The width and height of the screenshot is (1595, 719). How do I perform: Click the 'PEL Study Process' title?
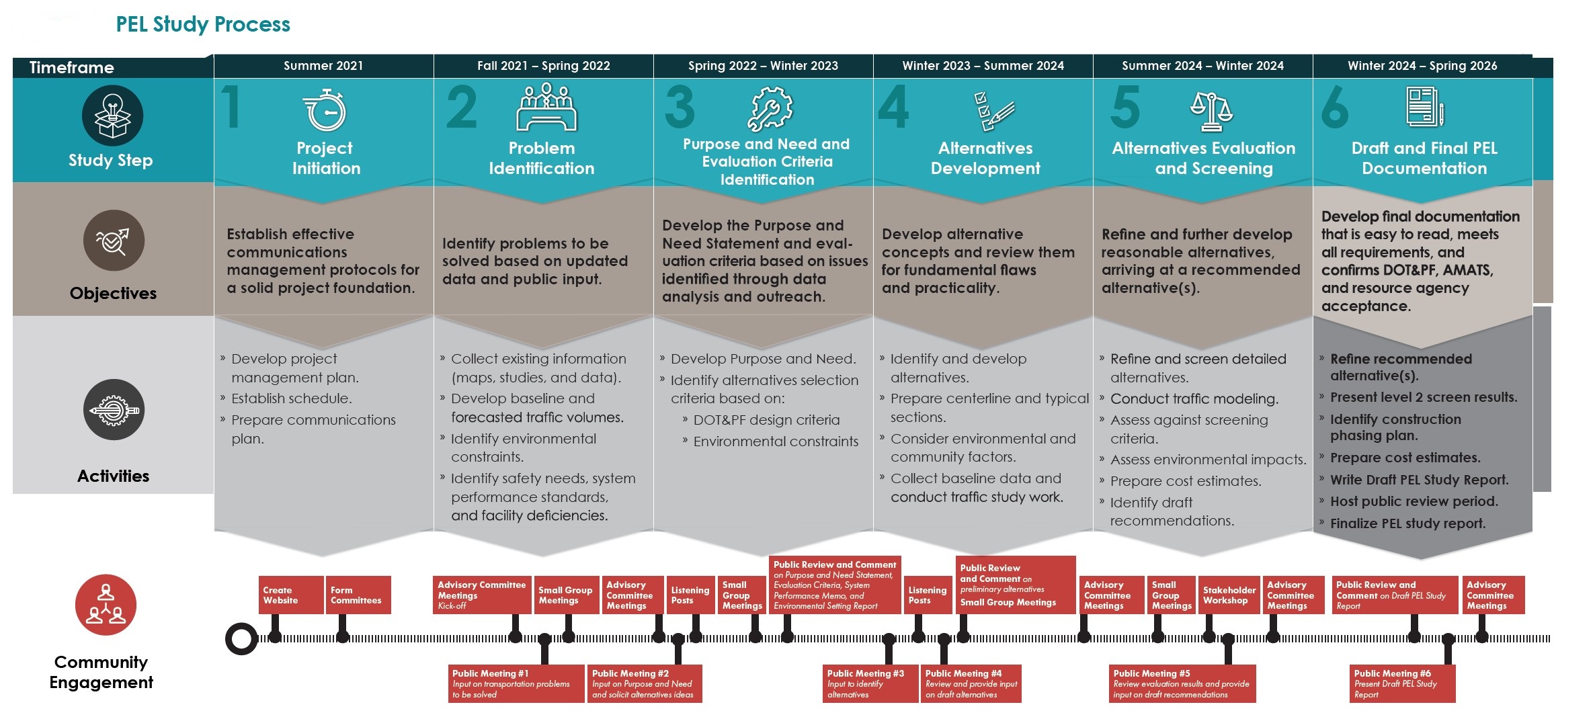(x=203, y=24)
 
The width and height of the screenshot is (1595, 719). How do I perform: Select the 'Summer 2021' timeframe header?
(x=323, y=66)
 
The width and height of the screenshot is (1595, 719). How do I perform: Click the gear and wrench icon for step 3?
(x=770, y=108)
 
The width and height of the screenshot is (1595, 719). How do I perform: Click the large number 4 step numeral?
(x=894, y=106)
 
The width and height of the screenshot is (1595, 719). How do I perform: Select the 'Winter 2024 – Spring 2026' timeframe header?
(x=1422, y=66)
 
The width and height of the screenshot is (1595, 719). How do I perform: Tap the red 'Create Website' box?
(x=290, y=595)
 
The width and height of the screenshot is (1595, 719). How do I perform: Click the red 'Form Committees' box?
(x=358, y=595)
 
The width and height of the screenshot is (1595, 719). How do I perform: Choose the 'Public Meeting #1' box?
(x=516, y=683)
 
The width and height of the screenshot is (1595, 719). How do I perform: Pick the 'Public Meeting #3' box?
(x=870, y=683)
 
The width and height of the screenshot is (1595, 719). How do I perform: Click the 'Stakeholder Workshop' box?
(x=1229, y=595)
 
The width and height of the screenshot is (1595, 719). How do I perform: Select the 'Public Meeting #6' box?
(x=1403, y=683)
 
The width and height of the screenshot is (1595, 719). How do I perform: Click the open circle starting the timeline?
(x=241, y=638)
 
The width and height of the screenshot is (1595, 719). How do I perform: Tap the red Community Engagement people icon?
(x=106, y=605)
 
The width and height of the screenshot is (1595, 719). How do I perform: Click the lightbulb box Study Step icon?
(x=112, y=116)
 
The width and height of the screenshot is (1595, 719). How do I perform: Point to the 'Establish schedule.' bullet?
(x=291, y=398)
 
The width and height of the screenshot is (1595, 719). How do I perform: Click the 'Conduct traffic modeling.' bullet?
(x=1194, y=398)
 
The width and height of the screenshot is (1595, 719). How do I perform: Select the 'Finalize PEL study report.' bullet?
(x=1407, y=523)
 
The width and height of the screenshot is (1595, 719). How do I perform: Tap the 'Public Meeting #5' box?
(x=1182, y=683)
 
